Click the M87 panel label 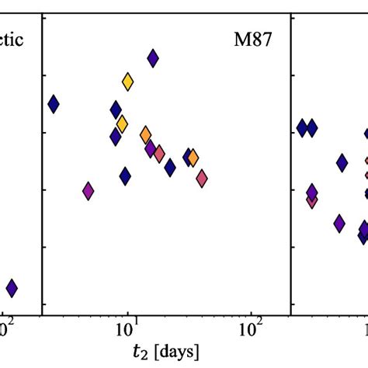pyautogui.click(x=253, y=40)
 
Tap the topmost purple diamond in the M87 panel pyautogui.click(x=153, y=57)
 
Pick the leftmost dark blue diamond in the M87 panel pyautogui.click(x=54, y=103)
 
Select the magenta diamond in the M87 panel pyautogui.click(x=89, y=190)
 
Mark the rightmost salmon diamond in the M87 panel pyautogui.click(x=202, y=179)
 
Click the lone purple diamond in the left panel pyautogui.click(x=12, y=288)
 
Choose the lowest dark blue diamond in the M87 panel pyautogui.click(x=125, y=177)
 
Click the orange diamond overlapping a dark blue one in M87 pyautogui.click(x=193, y=158)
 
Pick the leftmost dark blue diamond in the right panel pyautogui.click(x=302, y=128)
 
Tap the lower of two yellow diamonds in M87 pyautogui.click(x=122, y=123)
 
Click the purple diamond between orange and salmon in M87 pyautogui.click(x=151, y=148)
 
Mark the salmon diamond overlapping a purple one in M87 pyautogui.click(x=158, y=154)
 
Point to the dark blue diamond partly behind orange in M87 pyautogui.click(x=188, y=157)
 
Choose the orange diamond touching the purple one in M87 pyautogui.click(x=145, y=136)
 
